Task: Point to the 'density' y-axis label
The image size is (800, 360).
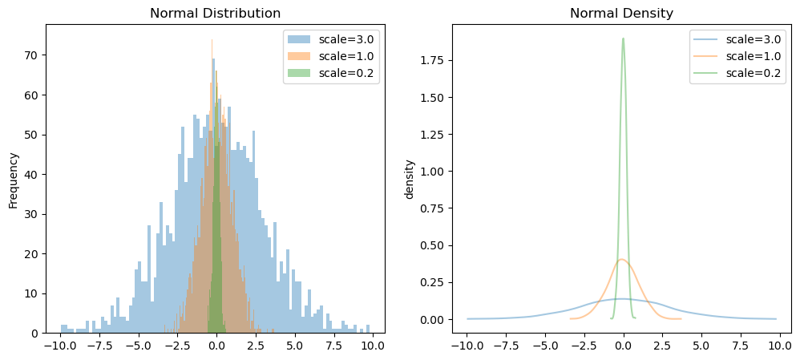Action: [410, 179]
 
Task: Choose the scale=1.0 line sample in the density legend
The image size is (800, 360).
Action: [708, 57]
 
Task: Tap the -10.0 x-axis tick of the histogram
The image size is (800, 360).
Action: [59, 347]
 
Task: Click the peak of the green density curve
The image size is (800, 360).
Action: [623, 38]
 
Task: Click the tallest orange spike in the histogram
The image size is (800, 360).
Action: [212, 40]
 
